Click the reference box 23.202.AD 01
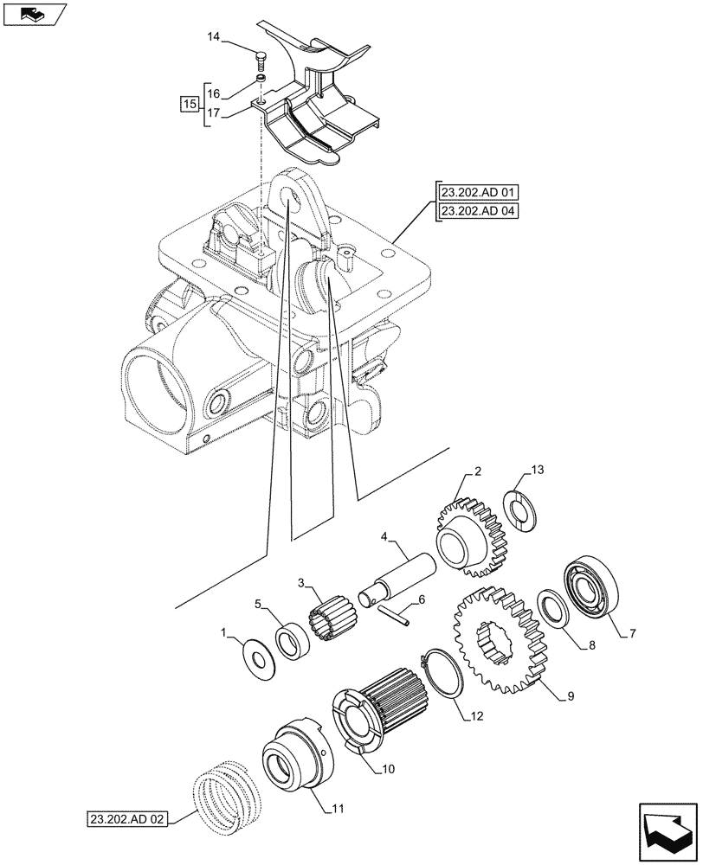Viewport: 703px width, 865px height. pyautogui.click(x=477, y=193)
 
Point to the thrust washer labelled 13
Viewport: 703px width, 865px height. pyautogui.click(x=523, y=509)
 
